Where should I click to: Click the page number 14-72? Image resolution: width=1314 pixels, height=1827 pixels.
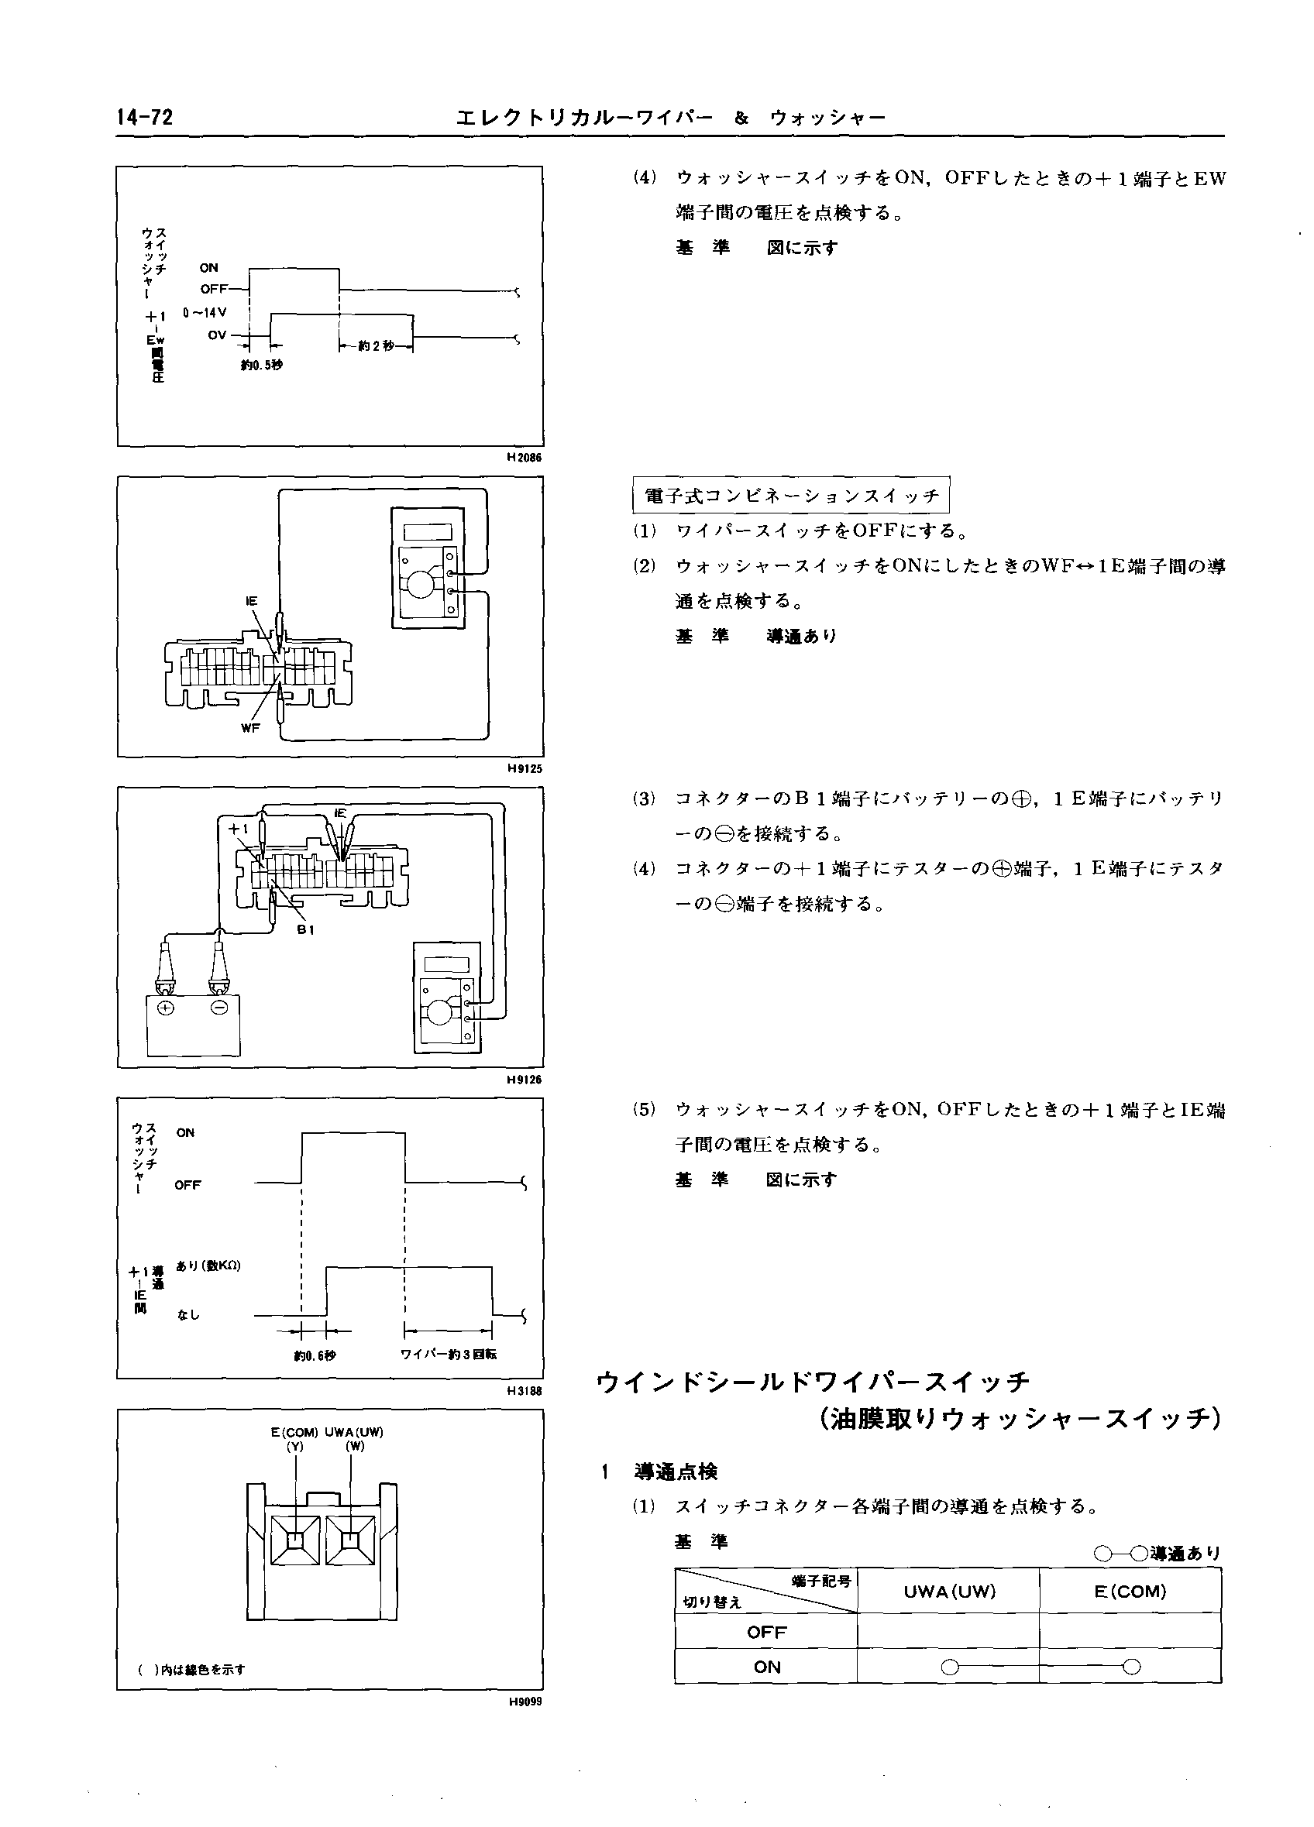(x=145, y=118)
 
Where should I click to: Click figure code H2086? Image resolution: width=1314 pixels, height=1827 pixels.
(x=525, y=458)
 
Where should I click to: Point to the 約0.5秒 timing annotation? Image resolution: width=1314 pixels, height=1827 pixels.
(x=262, y=365)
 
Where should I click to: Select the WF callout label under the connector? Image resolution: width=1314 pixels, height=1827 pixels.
(x=250, y=727)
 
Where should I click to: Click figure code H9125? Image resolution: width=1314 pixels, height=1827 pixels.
(x=525, y=768)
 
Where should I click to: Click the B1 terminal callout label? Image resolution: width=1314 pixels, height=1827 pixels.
(x=305, y=929)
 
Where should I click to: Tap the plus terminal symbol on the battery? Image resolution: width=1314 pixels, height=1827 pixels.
(x=166, y=1008)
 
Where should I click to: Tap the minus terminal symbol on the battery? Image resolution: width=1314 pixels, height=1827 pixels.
(x=218, y=1008)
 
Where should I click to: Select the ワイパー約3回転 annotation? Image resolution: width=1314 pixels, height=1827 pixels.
(x=449, y=1354)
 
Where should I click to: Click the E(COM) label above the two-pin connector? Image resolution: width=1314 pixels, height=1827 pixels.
(x=295, y=1432)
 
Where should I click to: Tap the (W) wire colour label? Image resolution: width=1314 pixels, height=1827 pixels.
(x=355, y=1446)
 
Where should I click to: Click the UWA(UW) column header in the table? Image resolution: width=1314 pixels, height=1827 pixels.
(x=949, y=1592)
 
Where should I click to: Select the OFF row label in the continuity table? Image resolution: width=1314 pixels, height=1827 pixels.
(x=766, y=1632)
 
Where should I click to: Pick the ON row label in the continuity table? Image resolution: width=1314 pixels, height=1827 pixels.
(x=766, y=1667)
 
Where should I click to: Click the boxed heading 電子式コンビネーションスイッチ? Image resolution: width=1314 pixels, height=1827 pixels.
(x=791, y=496)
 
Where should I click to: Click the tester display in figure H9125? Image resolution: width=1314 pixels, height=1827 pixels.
(x=428, y=531)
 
